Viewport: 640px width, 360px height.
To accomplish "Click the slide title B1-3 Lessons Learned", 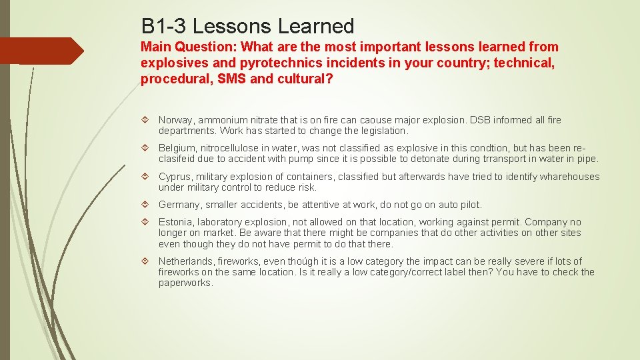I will (247, 26).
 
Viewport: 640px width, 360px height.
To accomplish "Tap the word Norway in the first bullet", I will (175, 120).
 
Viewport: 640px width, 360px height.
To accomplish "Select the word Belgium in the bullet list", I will (176, 148).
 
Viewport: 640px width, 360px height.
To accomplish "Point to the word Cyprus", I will (175, 177).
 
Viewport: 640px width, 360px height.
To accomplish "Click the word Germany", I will (179, 205).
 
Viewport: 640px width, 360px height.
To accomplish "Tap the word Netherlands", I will (185, 261).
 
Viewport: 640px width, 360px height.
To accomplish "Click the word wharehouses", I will (569, 177).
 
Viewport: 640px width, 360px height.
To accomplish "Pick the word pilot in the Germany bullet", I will (469, 205).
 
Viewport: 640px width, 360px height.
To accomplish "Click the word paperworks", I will (185, 283).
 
